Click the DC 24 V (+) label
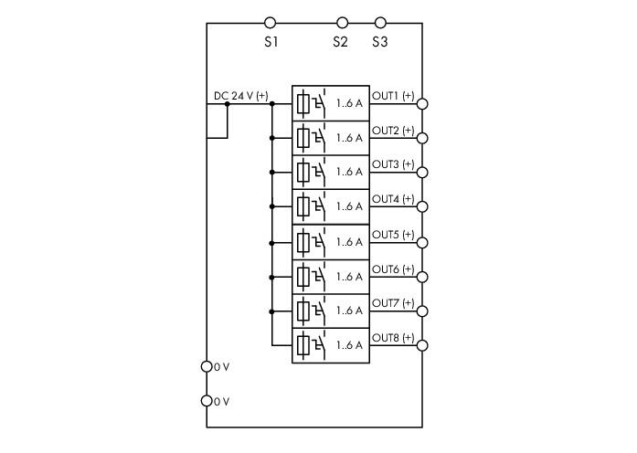tap(241, 96)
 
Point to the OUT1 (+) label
tap(393, 96)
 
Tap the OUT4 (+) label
tap(393, 199)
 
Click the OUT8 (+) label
tap(393, 338)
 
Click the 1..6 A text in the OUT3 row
tap(349, 172)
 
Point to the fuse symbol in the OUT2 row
tap(303, 138)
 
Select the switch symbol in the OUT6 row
tap(319, 277)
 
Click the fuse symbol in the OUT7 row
tap(303, 311)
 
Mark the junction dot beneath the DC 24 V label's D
tap(227, 104)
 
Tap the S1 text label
tap(271, 42)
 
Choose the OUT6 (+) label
tap(393, 269)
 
